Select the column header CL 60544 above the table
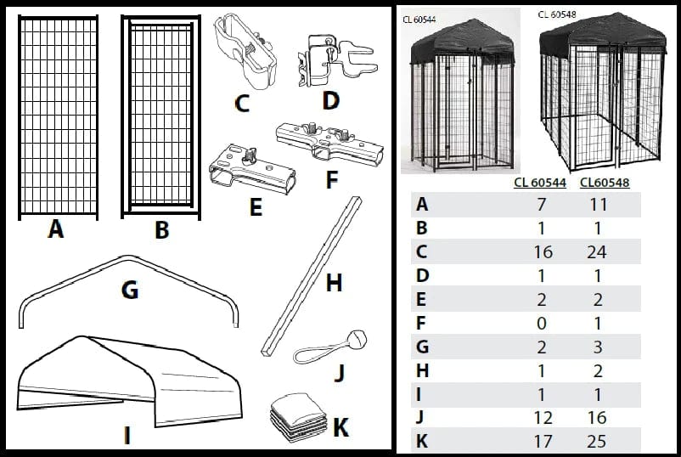pos(539,183)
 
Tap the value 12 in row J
pos(542,417)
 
